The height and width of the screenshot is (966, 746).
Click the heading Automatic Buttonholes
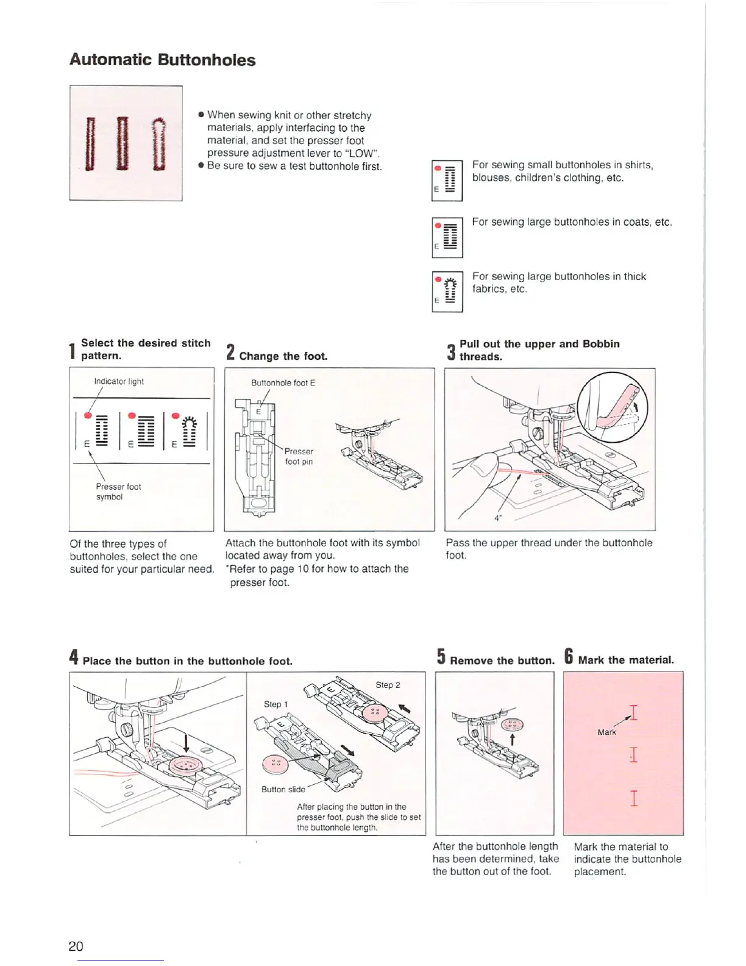coord(162,60)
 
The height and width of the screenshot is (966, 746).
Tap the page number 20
coord(76,946)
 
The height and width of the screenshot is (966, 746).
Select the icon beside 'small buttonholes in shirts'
coord(447,181)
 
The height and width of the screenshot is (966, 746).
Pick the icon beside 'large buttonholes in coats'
coord(447,237)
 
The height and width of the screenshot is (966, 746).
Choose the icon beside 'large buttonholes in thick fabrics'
coord(447,292)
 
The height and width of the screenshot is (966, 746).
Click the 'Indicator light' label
coord(119,382)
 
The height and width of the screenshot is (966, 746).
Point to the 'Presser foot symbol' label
coord(118,492)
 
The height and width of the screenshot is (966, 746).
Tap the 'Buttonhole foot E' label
coord(283,383)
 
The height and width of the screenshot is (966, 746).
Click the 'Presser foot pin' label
coord(299,456)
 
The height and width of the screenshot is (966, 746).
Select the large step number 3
coord(451,351)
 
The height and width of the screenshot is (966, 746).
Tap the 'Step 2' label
coord(388,685)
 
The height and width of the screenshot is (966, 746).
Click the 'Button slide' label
coord(283,789)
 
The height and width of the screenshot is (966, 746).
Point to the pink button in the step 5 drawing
coord(512,725)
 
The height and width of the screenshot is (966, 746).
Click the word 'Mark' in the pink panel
coord(606,732)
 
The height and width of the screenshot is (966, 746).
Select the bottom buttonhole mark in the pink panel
coord(634,798)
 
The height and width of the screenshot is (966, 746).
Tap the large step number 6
coord(568,657)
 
